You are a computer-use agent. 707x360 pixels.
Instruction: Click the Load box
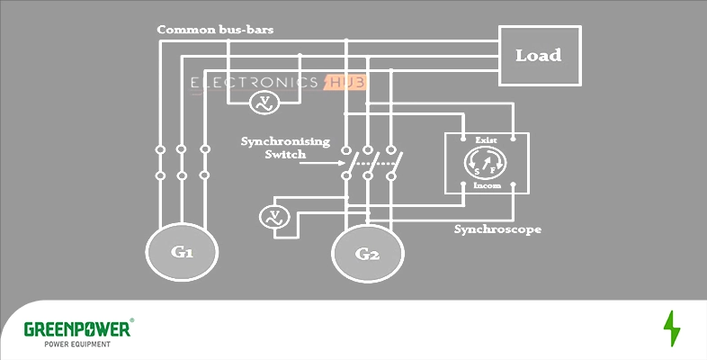pos(538,56)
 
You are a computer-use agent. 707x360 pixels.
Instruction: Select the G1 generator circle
pos(183,251)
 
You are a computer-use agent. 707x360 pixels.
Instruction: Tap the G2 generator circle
pos(368,254)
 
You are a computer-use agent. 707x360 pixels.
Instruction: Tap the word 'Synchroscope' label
pos(497,229)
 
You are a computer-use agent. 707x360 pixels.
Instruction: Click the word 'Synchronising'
pos(285,141)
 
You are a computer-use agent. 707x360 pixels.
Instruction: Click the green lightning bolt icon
pos(671,329)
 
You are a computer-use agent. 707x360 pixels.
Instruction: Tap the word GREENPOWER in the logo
pos(76,329)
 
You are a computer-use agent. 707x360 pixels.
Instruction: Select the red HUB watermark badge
pos(345,84)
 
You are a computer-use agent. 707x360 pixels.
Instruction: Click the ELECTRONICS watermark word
pos(255,84)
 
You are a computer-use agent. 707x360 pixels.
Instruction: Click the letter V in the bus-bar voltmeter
pos(262,100)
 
